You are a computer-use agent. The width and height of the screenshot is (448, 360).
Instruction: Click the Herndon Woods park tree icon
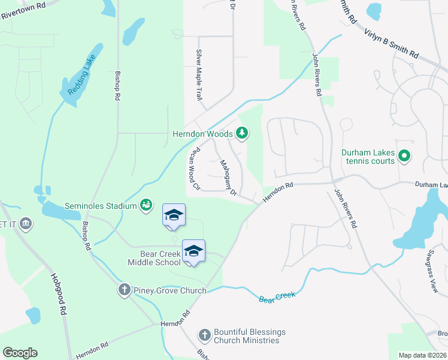click(x=242, y=133)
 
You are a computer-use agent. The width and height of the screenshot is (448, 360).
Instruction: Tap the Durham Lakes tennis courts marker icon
click(x=404, y=157)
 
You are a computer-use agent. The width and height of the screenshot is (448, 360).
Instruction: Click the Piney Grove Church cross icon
click(x=124, y=290)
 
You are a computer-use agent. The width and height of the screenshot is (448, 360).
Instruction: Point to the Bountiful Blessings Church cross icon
click(x=204, y=335)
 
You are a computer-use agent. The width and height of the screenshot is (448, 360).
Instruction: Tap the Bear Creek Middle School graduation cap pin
click(x=193, y=251)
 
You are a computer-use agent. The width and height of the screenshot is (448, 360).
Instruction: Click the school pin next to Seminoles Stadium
click(x=174, y=215)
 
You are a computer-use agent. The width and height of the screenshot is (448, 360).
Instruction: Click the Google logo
click(x=20, y=353)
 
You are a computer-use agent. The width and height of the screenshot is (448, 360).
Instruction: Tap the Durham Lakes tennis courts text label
click(x=368, y=157)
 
